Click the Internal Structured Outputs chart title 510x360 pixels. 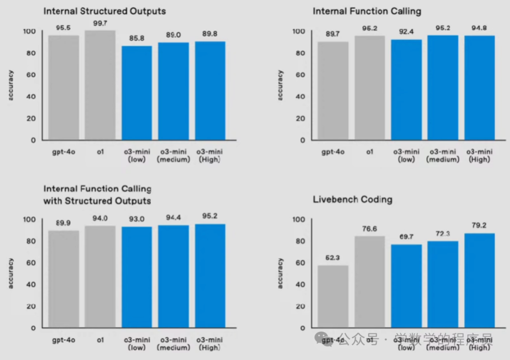coord(104,10)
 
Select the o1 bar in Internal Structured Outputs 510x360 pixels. coord(100,85)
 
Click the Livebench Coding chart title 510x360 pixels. coord(352,199)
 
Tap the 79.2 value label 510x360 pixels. coord(479,225)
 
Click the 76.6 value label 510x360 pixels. coord(370,229)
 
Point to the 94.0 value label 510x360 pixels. coord(100,218)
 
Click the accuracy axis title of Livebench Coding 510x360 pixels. coord(280,273)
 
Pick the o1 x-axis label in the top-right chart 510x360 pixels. coord(370,152)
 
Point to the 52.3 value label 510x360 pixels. coord(333,258)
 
